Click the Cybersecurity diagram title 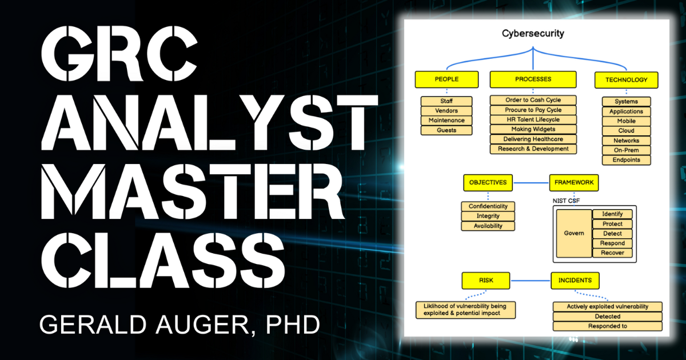[533, 33]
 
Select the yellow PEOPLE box [446, 79]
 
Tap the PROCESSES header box [533, 79]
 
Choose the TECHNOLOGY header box [626, 79]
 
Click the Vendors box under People [446, 111]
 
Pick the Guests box [446, 130]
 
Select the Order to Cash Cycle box [533, 100]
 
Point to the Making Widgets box [533, 129]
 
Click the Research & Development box [533, 149]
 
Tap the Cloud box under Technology [626, 131]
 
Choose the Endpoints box [626, 160]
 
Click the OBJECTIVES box [488, 183]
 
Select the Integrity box [488, 216]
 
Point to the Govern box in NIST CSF [574, 233]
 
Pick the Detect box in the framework [612, 234]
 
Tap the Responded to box [607, 326]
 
